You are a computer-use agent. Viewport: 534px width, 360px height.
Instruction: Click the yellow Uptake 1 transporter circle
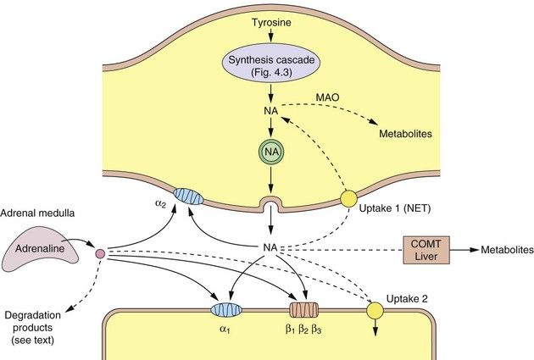click(348, 200)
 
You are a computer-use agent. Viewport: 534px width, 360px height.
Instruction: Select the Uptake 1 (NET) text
click(398, 208)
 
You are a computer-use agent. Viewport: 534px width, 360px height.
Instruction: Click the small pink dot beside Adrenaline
click(99, 253)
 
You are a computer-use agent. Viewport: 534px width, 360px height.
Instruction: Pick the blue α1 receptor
click(226, 311)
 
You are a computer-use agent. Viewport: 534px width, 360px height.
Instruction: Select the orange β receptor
click(303, 311)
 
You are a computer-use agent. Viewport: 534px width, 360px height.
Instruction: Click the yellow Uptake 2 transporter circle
click(373, 311)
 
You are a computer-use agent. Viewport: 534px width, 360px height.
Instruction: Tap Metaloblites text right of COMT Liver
click(507, 251)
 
